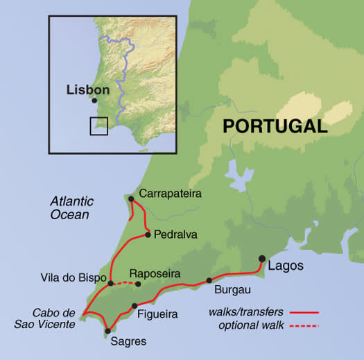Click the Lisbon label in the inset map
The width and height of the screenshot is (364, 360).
click(88, 90)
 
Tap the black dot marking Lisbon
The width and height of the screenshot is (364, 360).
click(94, 101)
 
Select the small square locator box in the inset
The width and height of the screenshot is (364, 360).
click(98, 126)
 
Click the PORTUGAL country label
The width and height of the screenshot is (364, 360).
click(274, 126)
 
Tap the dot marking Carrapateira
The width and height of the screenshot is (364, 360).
click(131, 198)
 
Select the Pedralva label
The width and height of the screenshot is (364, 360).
click(176, 234)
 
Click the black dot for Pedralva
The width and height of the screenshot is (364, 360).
click(148, 234)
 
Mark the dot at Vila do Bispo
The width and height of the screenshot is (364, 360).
click(111, 283)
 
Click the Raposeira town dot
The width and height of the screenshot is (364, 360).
click(138, 284)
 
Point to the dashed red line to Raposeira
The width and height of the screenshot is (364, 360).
click(125, 282)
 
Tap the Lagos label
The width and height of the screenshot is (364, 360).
click(286, 266)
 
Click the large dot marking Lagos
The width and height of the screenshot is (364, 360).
click(262, 259)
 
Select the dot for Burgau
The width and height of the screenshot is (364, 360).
click(209, 281)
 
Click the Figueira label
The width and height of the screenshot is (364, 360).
click(158, 314)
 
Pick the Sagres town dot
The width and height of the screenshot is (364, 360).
click(107, 330)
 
